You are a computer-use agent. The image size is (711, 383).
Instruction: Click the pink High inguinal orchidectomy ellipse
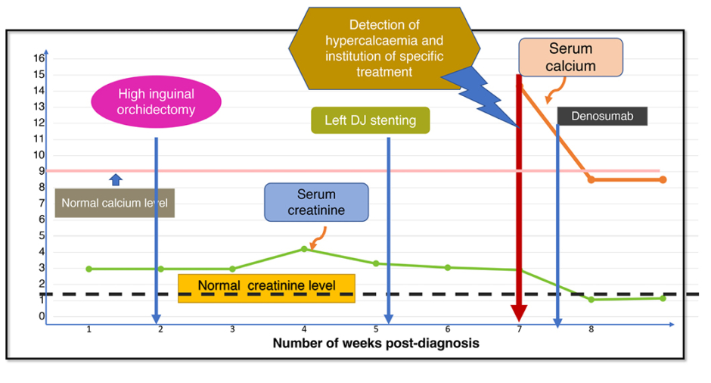coord(156,102)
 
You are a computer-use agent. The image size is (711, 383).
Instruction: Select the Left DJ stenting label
coord(371,120)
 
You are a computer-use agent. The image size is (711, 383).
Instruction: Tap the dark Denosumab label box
coord(602,116)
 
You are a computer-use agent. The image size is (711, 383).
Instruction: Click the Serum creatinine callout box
coord(316,202)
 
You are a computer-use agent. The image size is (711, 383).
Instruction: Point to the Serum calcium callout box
coord(570,58)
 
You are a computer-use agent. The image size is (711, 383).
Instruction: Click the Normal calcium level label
coord(114,203)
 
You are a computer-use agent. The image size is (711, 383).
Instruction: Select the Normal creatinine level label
coord(266,287)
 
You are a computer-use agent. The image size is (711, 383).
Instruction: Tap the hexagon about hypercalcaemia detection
coord(383,47)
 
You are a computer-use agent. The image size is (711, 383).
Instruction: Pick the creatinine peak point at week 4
coord(304,248)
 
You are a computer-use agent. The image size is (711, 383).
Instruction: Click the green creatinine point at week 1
coord(89,269)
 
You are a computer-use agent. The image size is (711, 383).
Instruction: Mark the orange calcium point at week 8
coord(591,179)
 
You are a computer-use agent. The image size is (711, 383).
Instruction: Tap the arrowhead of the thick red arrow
coord(519,313)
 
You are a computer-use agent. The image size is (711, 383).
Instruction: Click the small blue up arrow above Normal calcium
coord(115,179)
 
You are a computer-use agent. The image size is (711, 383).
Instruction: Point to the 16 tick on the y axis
coord(39,58)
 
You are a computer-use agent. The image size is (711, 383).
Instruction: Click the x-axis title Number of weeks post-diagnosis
coord(376,343)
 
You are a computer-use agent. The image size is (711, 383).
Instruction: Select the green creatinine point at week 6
coord(448,267)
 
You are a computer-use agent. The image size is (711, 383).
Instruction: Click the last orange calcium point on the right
coord(663,179)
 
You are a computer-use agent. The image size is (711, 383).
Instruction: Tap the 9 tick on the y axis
coord(40,171)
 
